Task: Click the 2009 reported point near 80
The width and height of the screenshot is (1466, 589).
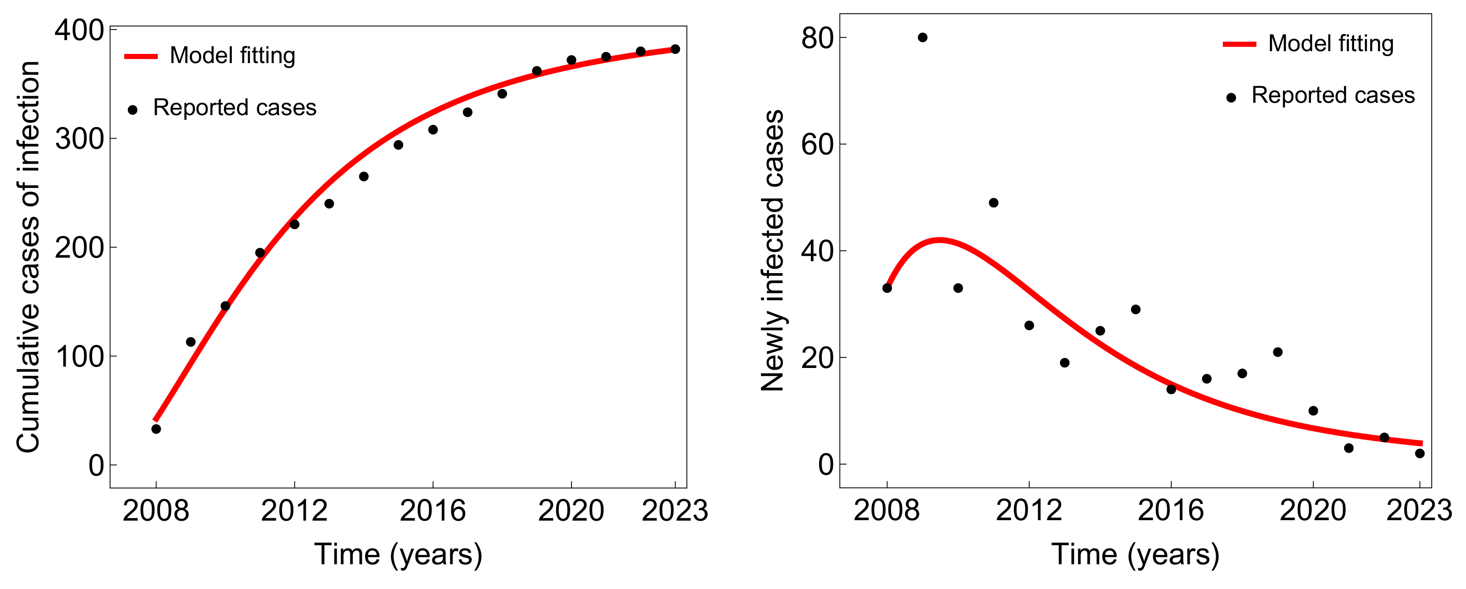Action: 923,38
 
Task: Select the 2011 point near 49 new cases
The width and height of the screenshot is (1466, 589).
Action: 994,203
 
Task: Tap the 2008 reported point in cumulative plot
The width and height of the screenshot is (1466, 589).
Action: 156,429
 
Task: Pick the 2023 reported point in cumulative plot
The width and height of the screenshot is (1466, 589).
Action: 675,49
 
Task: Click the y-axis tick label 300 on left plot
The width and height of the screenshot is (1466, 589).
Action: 80,139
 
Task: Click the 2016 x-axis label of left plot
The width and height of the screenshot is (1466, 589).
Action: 433,510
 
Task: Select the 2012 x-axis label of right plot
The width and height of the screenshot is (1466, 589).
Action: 1028,510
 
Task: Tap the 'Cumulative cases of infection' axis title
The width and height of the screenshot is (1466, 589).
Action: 29,256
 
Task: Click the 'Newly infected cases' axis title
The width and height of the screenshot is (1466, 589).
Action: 772,251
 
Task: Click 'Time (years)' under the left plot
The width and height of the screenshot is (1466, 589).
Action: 398,554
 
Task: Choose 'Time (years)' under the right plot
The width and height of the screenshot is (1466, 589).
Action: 1136,554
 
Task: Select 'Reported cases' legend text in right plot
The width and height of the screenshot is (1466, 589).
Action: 1333,95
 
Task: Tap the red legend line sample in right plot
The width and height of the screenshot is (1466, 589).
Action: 1239,44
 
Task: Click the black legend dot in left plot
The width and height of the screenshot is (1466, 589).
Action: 133,110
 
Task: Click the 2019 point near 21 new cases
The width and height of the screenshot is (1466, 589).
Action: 1278,352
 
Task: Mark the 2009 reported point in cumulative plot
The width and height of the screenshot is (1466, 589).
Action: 191,342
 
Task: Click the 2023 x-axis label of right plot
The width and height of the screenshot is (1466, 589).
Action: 1419,510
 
